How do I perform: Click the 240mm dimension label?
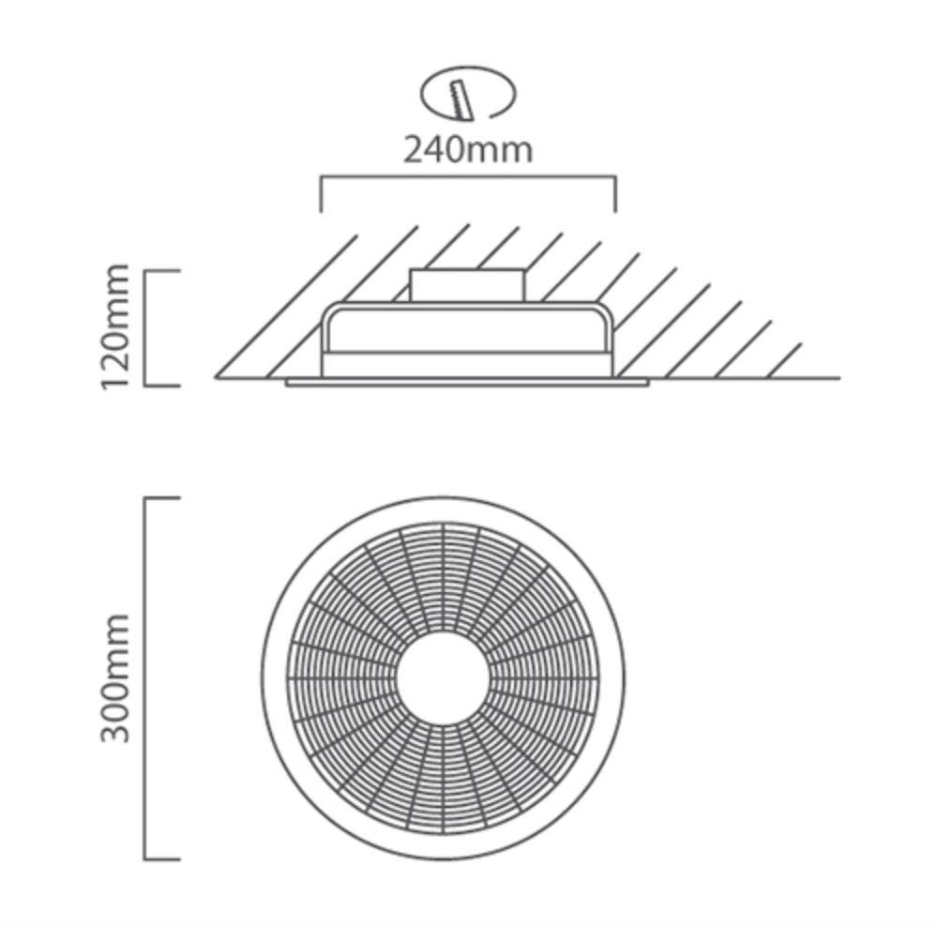coord(467,150)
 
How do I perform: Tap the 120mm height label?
coord(114,327)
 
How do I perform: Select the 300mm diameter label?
coord(114,678)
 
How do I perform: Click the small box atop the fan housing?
coord(467,285)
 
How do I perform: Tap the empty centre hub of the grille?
coord(444,678)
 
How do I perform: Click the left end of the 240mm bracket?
coord(321,211)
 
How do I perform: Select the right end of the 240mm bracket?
coord(615,211)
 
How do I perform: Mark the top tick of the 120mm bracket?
coord(162,271)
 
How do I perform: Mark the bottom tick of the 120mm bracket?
coord(162,386)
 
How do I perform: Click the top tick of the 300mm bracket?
coord(162,497)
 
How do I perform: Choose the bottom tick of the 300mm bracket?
coord(162,859)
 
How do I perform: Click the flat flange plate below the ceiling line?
coord(467,382)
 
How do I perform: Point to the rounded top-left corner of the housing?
coord(328,311)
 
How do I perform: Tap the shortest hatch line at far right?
coord(784,361)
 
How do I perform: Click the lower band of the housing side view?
coord(467,366)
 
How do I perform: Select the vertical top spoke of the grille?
coord(444,578)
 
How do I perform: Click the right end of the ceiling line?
coord(839,378)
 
